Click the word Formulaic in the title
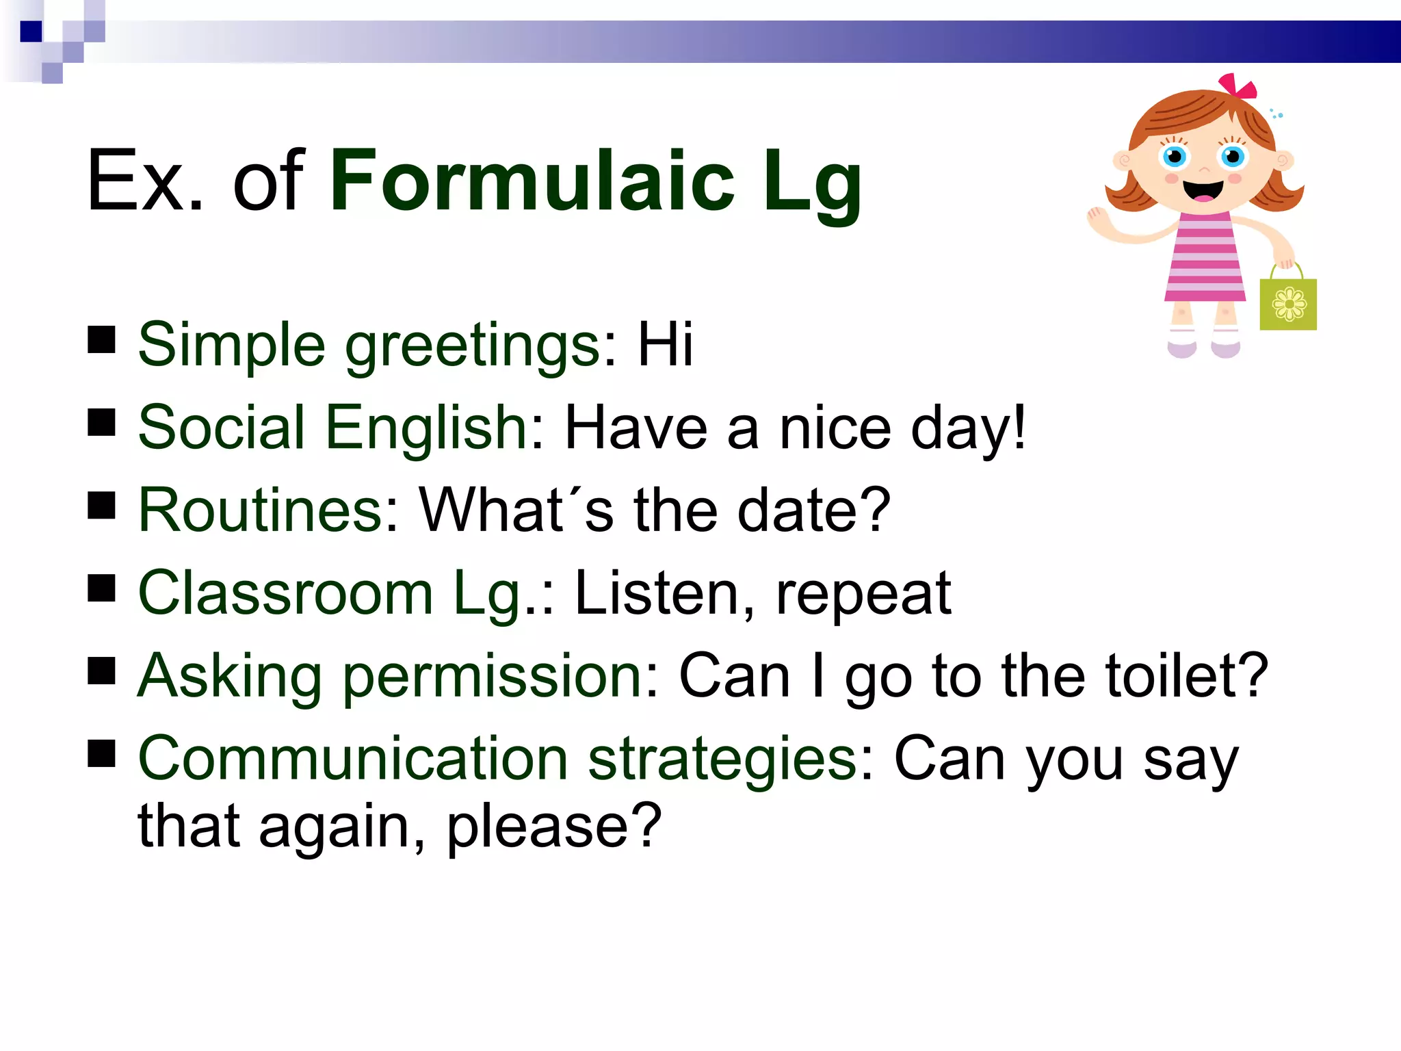(532, 181)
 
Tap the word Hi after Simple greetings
(665, 344)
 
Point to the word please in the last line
(553, 827)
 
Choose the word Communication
(353, 759)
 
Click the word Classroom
(285, 593)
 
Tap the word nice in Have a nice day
(835, 428)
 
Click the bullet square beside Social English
(101, 422)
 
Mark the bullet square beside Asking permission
(101, 671)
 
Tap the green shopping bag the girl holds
(1288, 303)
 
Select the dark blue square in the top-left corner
(31, 31)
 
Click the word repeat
(863, 593)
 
